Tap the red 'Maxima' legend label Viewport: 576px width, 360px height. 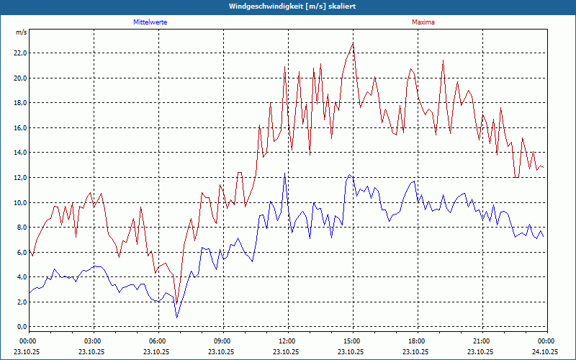coord(423,22)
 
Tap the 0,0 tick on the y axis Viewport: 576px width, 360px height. coord(21,327)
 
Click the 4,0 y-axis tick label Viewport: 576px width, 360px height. coord(21,277)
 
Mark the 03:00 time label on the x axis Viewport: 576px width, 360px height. coord(93,341)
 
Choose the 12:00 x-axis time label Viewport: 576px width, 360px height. coord(287,341)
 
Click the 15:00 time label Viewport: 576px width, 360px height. coord(351,341)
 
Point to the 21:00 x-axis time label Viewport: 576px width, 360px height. coord(481,341)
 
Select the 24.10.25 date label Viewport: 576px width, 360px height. coord(546,352)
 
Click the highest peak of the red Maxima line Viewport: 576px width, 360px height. coord(353,43)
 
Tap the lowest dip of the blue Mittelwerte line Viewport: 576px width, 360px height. coord(176,317)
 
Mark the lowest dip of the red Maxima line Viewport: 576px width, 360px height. coord(176,302)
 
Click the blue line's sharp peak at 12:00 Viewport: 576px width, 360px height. coord(285,174)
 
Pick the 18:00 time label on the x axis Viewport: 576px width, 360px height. coord(416,341)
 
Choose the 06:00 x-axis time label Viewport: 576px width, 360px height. coord(157,341)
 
